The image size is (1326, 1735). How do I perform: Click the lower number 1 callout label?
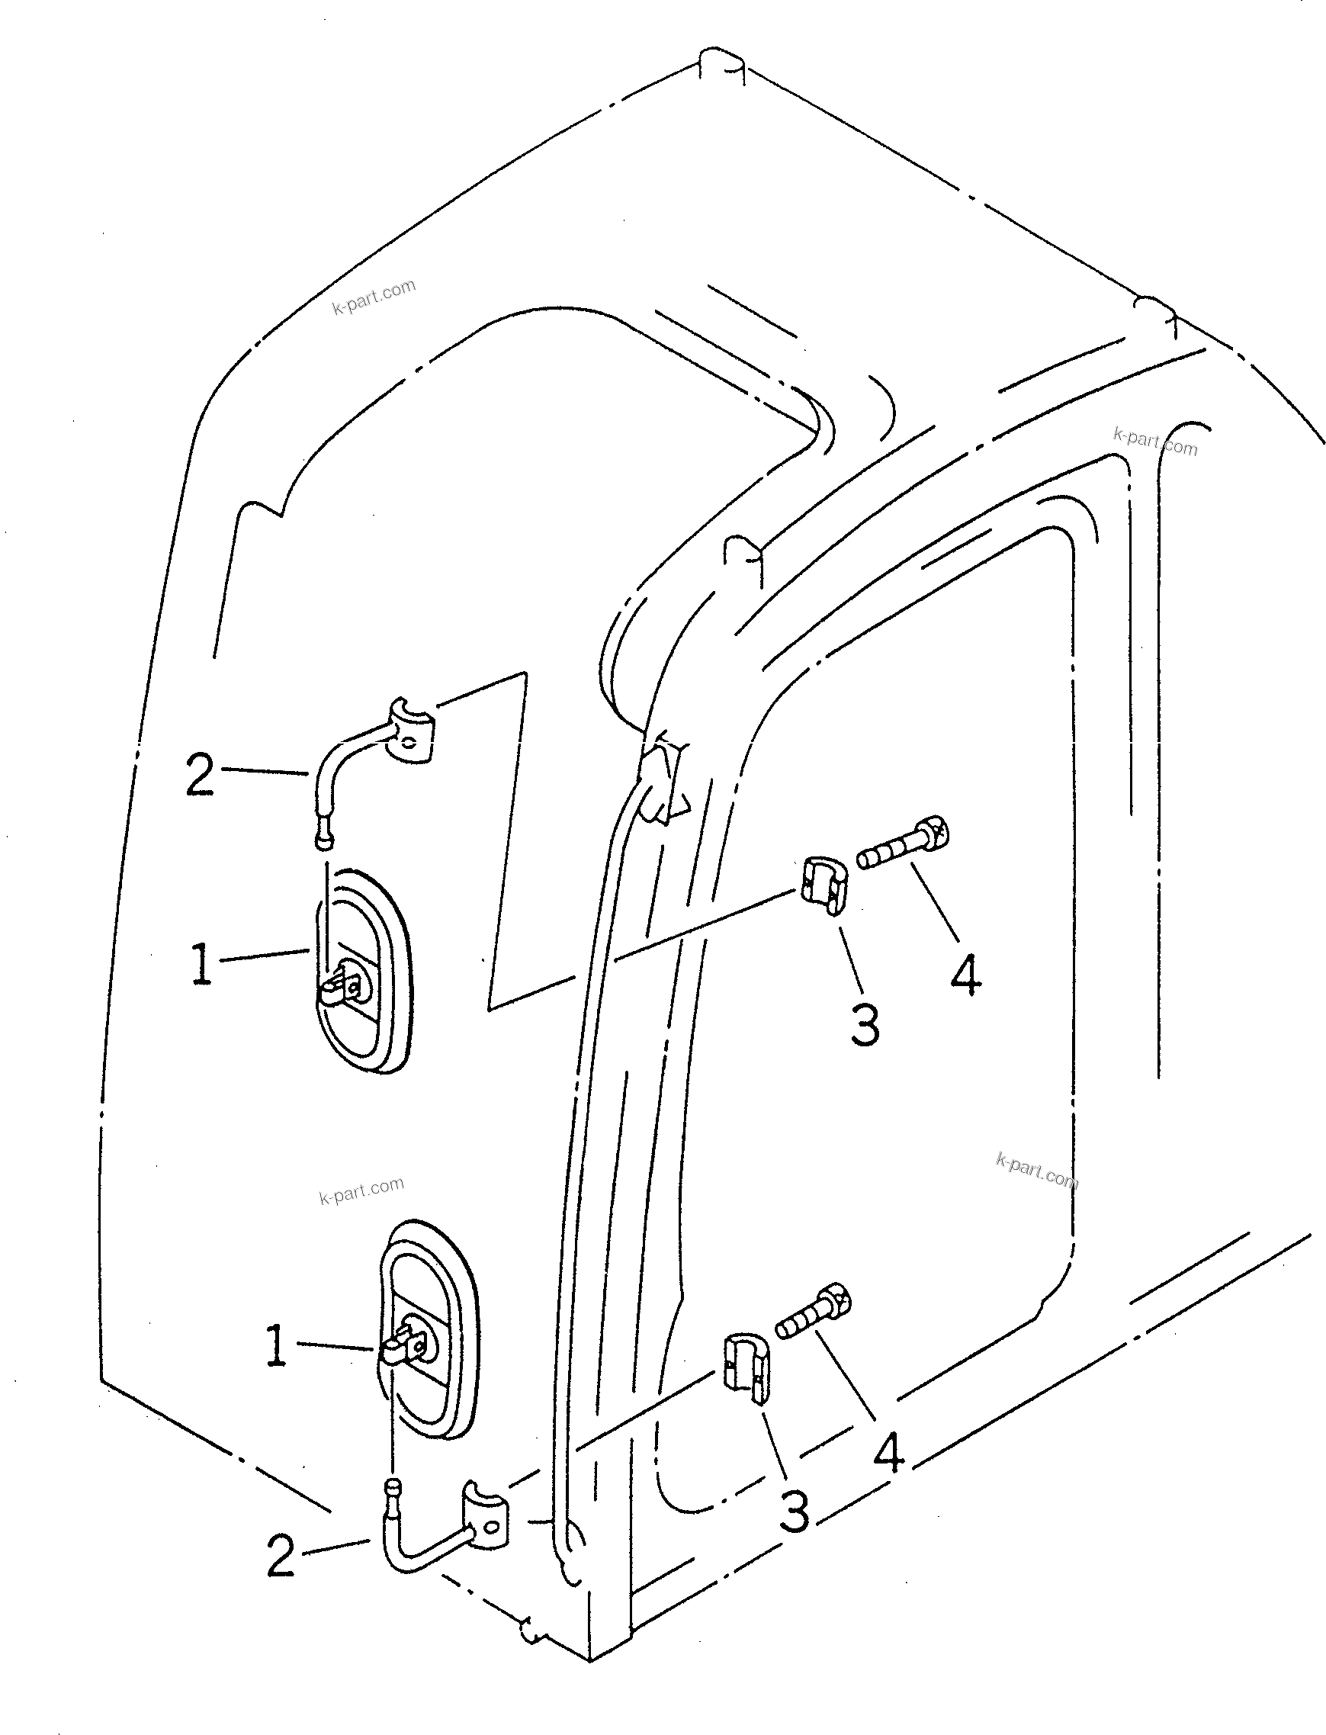tap(275, 1346)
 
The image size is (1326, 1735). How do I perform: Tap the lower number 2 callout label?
tap(280, 1556)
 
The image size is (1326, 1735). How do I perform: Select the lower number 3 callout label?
tap(794, 1512)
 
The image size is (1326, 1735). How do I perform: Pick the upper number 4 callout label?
tap(965, 975)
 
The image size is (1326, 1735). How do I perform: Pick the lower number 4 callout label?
tap(888, 1453)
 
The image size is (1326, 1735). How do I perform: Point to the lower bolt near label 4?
tap(815, 1312)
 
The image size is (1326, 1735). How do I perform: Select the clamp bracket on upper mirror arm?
tap(410, 731)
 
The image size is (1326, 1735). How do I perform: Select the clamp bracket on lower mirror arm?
tap(486, 1527)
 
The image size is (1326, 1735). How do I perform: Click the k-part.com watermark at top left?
tap(374, 297)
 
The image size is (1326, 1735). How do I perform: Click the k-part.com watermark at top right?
tap(1154, 442)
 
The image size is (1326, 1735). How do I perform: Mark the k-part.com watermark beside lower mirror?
tap(361, 1191)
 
